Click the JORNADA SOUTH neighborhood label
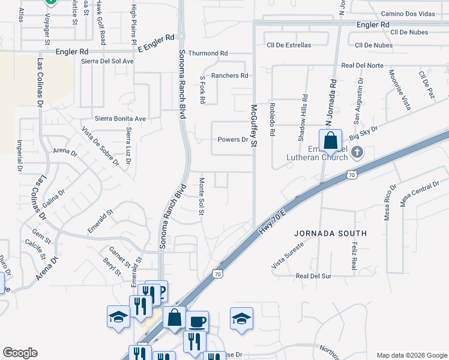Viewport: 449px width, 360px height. [330, 233]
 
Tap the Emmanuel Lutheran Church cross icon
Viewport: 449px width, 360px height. [357, 152]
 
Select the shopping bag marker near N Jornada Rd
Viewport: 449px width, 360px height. [330, 142]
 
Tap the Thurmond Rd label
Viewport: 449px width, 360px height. [208, 53]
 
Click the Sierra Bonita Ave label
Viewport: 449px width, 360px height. [120, 119]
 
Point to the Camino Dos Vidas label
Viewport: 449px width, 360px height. [408, 14]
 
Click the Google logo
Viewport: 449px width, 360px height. [20, 353]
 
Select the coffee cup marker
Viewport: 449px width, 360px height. [197, 322]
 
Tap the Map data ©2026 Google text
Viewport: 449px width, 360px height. [411, 355]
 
